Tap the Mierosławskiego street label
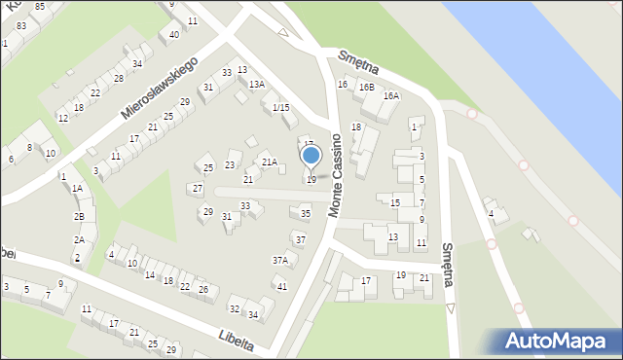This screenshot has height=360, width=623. (160, 89)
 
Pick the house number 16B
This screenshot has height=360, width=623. (366, 88)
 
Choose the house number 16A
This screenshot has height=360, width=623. (391, 96)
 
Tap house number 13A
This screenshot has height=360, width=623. (256, 85)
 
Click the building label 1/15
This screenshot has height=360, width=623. (280, 107)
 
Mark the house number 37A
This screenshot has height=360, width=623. (280, 261)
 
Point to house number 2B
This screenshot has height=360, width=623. (80, 216)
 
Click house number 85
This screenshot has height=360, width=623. (39, 7)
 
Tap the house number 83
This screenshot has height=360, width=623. (21, 26)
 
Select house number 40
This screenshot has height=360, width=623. (173, 35)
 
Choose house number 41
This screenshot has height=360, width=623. (282, 286)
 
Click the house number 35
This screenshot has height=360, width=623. (306, 214)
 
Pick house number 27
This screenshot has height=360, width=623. (198, 188)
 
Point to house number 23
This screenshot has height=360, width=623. (231, 165)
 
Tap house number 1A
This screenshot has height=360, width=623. (77, 189)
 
